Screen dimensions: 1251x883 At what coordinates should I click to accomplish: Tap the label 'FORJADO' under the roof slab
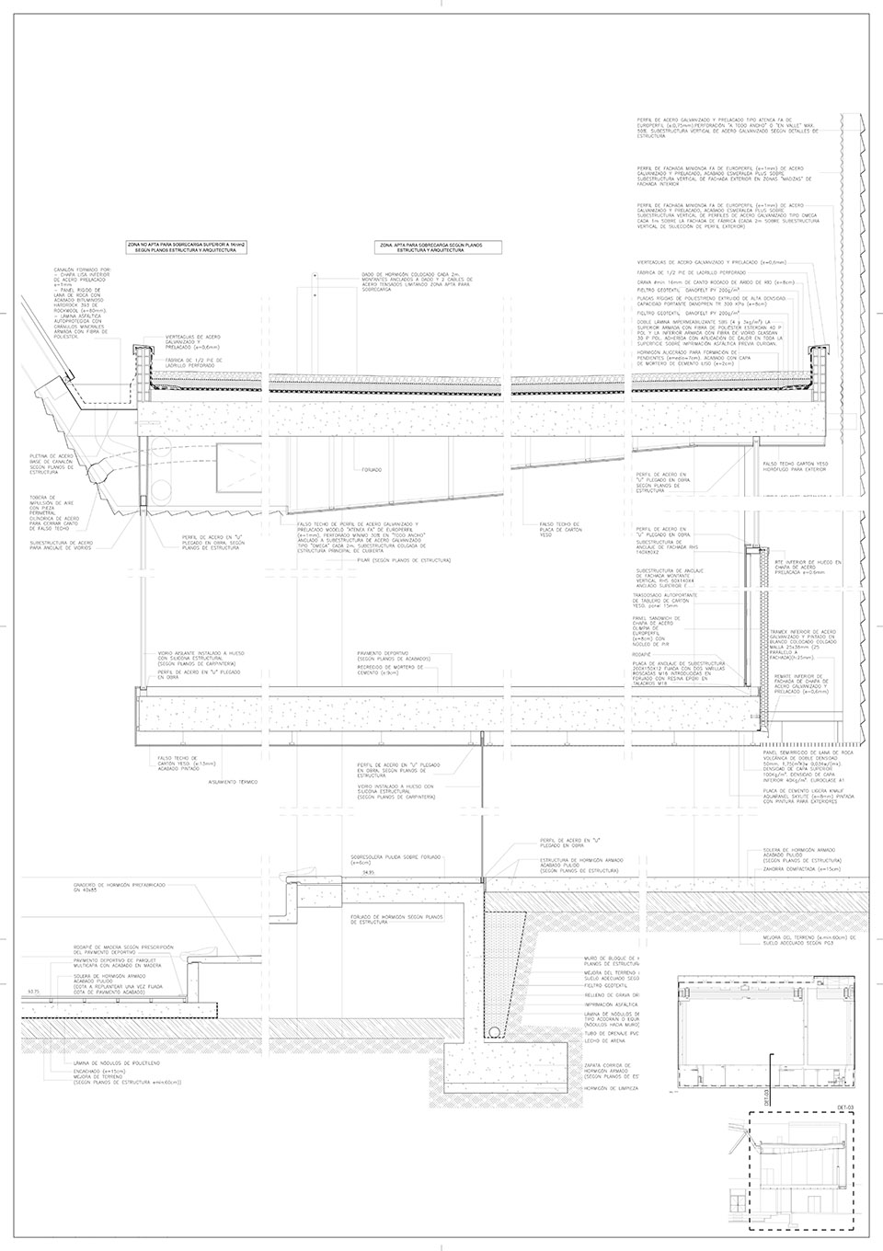[372, 469]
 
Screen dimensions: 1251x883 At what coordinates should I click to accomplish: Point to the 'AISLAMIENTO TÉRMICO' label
[233, 781]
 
